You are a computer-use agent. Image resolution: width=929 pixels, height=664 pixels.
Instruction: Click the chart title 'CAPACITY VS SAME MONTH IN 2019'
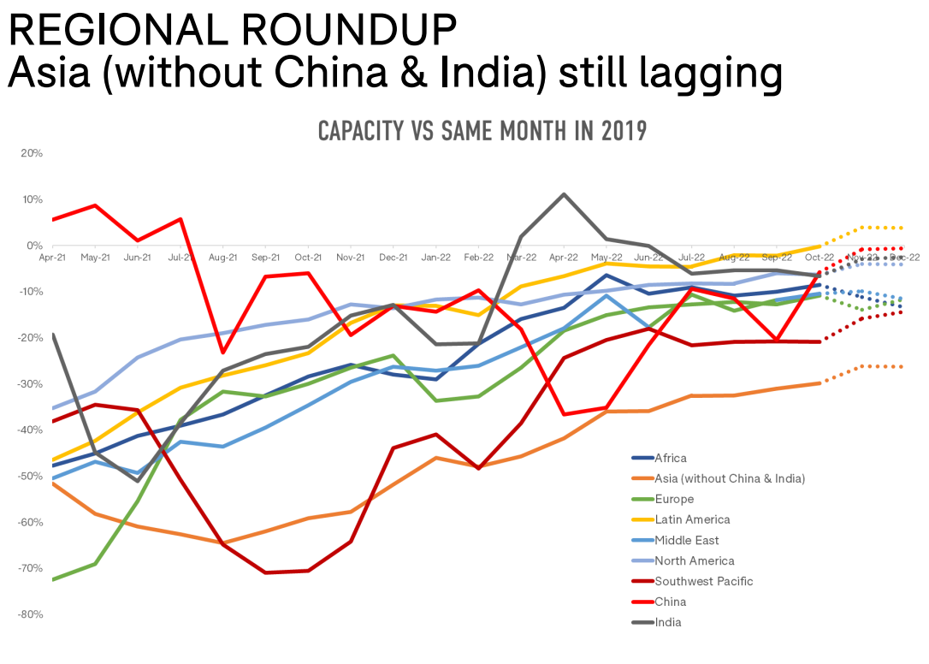482,132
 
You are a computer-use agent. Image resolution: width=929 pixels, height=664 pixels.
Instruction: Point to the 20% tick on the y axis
32,153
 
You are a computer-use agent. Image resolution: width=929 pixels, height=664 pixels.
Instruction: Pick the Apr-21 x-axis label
53,257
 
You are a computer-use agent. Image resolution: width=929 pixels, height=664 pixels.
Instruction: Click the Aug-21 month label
222,257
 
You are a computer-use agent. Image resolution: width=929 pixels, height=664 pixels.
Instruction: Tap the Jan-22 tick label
435,257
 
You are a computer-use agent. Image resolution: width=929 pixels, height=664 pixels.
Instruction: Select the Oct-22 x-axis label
819,257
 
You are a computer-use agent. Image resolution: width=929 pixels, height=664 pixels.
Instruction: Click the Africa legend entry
670,459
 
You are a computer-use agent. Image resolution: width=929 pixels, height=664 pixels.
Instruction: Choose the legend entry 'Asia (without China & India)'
729,479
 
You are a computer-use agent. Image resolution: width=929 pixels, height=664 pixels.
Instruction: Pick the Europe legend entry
674,500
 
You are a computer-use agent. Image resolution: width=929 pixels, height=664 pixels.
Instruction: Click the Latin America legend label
692,520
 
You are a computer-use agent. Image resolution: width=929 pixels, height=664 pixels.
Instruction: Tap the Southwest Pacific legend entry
704,582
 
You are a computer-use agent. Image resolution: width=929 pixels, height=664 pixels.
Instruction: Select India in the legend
668,623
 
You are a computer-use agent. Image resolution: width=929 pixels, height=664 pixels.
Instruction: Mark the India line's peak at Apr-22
564,194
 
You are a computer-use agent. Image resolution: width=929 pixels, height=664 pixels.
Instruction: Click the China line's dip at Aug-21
223,353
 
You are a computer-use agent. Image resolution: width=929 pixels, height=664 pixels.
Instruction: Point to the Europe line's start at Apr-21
53,579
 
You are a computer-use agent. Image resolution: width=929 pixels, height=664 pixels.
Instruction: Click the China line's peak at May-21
95,205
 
